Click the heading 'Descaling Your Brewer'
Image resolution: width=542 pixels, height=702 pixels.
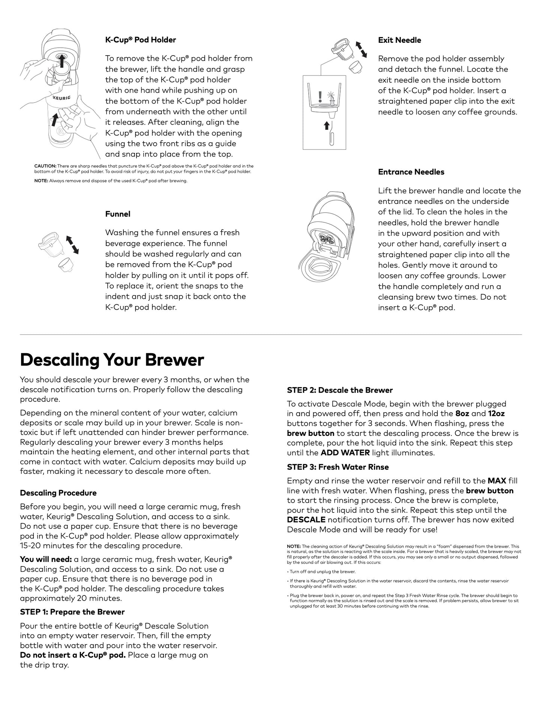112,360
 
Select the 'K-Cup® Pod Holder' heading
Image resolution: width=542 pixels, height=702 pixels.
140,40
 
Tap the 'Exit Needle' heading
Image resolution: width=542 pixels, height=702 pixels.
399,40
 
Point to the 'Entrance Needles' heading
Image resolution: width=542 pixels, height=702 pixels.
411,172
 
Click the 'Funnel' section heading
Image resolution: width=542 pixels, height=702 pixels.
118,214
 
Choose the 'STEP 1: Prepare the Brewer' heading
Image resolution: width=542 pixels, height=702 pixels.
72,612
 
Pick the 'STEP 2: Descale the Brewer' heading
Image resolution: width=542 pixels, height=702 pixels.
340,390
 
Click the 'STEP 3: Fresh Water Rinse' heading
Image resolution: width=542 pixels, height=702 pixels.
338,467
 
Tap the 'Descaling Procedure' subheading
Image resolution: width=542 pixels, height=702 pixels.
58,493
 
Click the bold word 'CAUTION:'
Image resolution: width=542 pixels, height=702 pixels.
45,166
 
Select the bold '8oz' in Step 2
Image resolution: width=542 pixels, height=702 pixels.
462,414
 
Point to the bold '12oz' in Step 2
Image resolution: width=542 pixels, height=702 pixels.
496,414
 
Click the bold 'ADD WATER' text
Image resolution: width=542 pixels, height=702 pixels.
345,453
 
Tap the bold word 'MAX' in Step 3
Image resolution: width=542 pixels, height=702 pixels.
497,481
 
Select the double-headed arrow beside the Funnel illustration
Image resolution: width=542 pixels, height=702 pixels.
72,244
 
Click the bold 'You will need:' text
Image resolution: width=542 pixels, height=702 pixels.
46,559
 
